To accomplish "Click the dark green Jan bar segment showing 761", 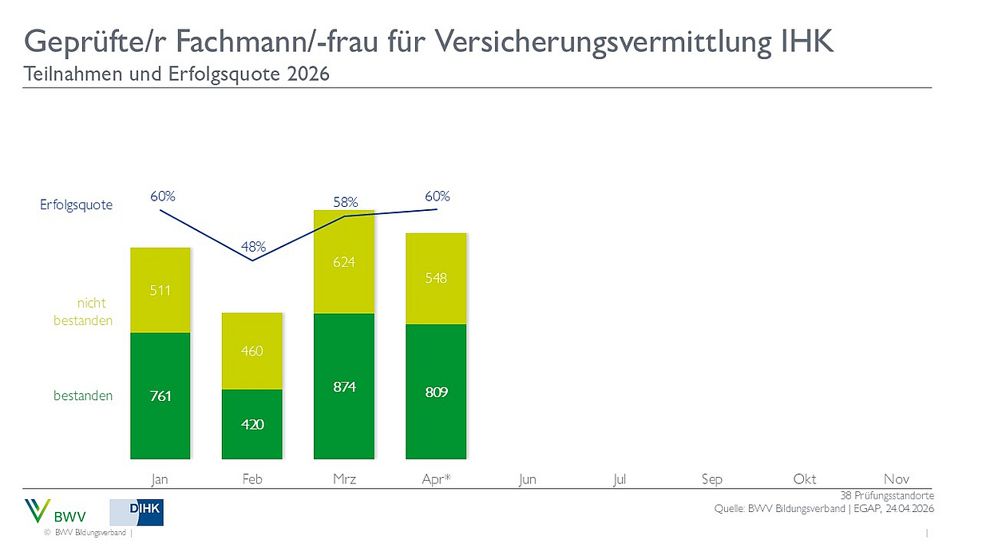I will click(x=160, y=395).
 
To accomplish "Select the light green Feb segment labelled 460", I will click(x=252, y=351).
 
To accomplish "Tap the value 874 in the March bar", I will click(x=344, y=387).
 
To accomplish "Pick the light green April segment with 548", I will click(x=436, y=278).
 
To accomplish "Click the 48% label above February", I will click(x=253, y=246).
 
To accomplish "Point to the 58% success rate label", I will click(x=345, y=203).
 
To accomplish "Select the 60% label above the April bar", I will click(x=437, y=196).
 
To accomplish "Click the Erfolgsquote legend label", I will click(x=77, y=205).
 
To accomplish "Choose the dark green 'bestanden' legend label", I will click(x=83, y=395).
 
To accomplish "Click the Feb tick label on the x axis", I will click(x=252, y=479).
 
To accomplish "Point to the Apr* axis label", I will click(x=436, y=479).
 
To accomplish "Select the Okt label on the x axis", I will click(x=804, y=479).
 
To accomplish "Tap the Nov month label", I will click(x=897, y=479).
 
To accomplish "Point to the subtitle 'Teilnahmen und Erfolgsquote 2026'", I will click(x=177, y=74).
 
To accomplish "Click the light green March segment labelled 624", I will click(x=344, y=262).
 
